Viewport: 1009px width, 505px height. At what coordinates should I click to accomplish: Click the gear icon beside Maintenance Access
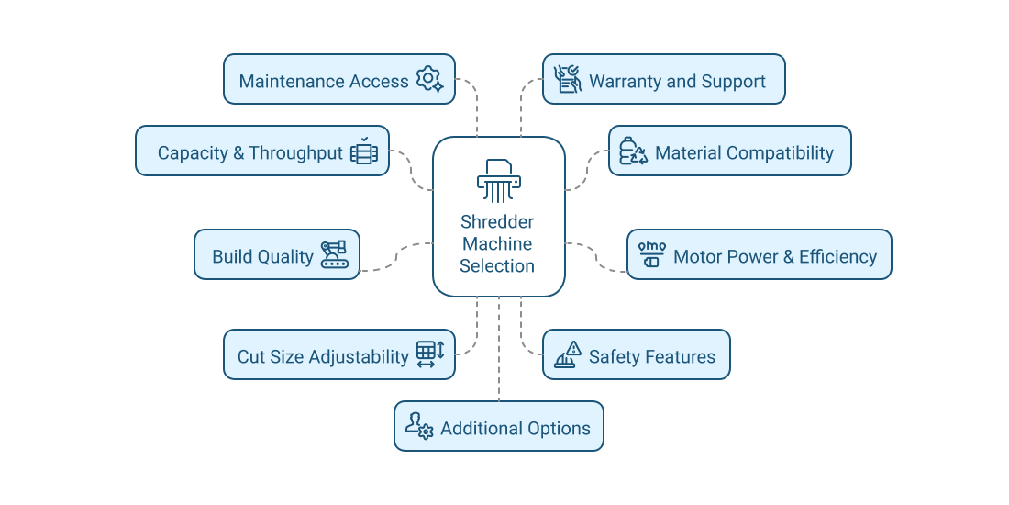click(429, 80)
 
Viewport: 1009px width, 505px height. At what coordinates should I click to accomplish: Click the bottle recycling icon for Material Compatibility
click(633, 151)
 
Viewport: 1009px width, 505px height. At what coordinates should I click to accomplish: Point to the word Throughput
click(295, 152)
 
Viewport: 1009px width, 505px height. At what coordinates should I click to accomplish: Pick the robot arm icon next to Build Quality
click(335, 254)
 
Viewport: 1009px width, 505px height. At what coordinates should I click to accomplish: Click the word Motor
click(697, 256)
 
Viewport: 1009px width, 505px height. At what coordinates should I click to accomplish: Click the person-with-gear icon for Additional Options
click(418, 426)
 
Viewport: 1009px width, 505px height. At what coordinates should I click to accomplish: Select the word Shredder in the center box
click(497, 221)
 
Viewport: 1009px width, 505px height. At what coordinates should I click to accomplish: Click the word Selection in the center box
click(497, 266)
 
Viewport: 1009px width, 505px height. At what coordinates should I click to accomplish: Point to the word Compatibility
click(777, 152)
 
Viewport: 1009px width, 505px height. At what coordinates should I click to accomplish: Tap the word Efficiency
click(837, 256)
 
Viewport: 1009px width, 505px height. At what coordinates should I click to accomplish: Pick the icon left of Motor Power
click(651, 254)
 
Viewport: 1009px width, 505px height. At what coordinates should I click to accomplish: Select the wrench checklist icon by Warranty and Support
click(568, 79)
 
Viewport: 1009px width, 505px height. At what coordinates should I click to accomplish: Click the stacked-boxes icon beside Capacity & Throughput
click(364, 151)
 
